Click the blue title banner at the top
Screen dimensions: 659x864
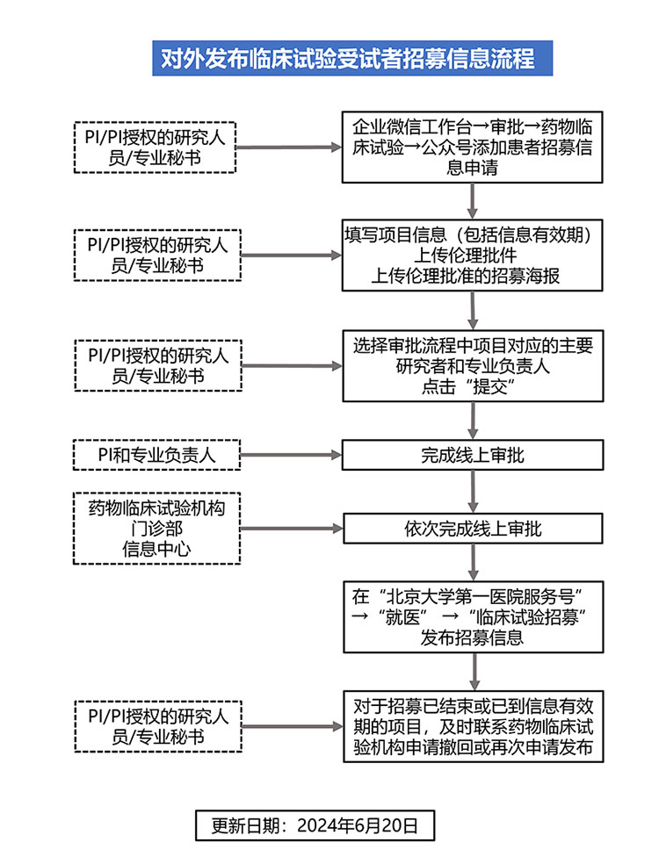[352, 58]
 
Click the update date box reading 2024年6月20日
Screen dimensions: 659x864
[315, 824]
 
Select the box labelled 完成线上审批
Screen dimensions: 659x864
[473, 455]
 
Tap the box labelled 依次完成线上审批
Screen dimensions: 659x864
[473, 529]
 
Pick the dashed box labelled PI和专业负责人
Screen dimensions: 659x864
[156, 455]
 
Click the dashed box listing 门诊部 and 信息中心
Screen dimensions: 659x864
[156, 529]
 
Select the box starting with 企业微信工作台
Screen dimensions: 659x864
[472, 148]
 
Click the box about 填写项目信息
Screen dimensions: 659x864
[472, 256]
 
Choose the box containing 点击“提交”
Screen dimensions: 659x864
[473, 366]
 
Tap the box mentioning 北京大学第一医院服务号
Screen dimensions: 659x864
[473, 617]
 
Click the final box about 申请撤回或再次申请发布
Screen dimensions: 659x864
[473, 726]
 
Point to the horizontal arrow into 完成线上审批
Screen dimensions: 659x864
[291, 455]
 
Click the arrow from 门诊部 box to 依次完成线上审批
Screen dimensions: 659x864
[292, 529]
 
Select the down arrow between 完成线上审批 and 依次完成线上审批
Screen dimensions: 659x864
[473, 492]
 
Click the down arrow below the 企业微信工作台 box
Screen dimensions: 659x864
[472, 201]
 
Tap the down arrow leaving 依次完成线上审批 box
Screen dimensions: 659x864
[473, 563]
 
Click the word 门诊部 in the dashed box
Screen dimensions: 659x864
[157, 529]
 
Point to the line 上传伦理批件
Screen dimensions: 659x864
[466, 256]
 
